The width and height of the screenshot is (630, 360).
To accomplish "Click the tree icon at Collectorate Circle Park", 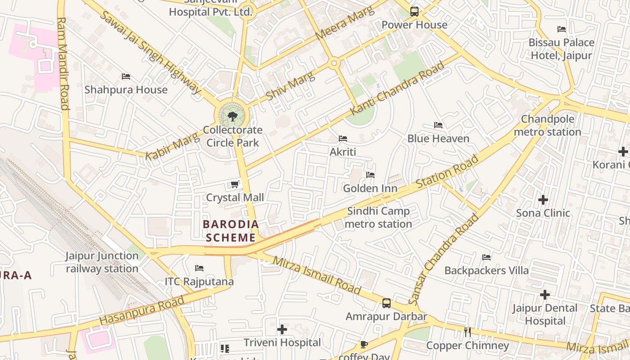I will (232, 117).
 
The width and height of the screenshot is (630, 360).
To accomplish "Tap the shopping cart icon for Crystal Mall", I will (234, 184).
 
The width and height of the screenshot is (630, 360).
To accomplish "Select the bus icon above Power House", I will (414, 12).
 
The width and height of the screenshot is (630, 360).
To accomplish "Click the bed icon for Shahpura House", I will (126, 76).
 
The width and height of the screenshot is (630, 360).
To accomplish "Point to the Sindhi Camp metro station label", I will (379, 217).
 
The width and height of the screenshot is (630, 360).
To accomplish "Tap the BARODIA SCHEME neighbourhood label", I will (231, 231).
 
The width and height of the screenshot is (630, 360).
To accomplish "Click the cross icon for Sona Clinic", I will (543, 199).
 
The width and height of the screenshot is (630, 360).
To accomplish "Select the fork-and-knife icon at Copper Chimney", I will (468, 332).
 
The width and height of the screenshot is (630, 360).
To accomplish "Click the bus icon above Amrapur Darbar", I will (386, 303).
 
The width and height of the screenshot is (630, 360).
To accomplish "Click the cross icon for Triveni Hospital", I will (282, 329).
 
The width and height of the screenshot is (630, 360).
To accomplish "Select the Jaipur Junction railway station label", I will (102, 262).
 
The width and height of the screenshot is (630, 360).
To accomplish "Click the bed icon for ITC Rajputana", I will (199, 268).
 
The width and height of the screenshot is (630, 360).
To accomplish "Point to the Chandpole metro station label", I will (547, 126).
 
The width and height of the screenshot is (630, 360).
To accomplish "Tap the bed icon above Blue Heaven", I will (438, 125).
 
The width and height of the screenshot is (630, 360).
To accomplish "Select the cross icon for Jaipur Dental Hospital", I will (544, 295).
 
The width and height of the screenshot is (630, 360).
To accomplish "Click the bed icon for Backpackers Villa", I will (486, 257).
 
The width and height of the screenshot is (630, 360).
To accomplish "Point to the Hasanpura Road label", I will (142, 310).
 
